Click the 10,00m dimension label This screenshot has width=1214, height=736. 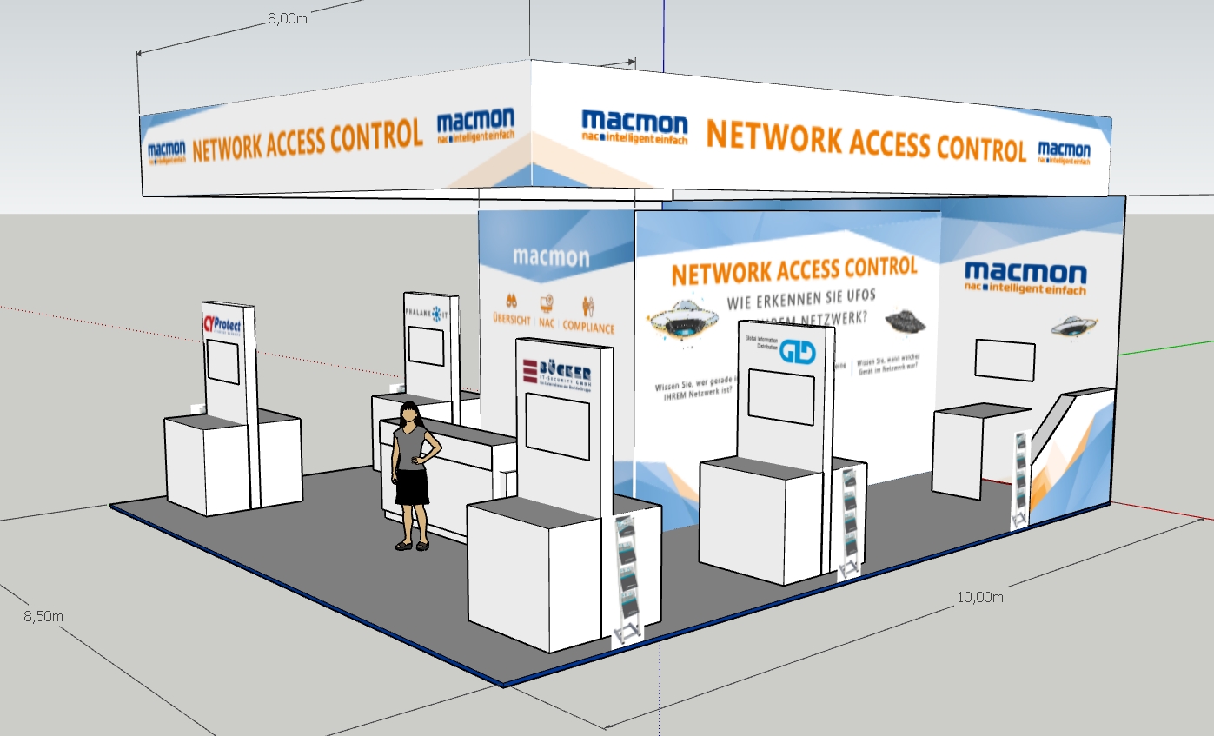979,597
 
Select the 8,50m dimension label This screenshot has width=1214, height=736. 43,616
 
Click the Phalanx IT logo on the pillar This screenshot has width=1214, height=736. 427,311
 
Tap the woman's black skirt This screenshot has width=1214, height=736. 412,487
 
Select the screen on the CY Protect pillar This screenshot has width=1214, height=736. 223,362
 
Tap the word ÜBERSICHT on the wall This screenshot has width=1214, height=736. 511,319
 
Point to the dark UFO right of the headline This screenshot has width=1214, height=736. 906,321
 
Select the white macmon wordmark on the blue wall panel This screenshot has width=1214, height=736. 550,257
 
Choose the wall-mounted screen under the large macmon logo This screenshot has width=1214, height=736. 1005,360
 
